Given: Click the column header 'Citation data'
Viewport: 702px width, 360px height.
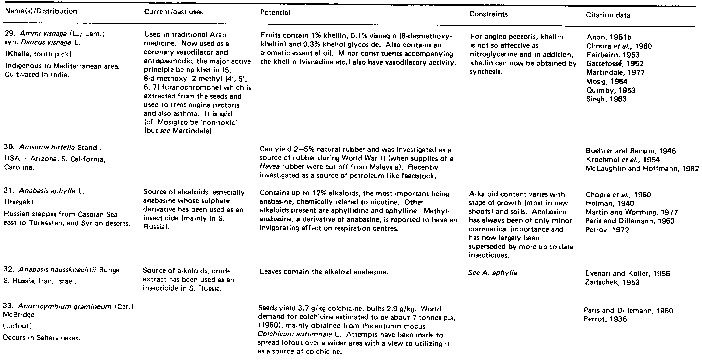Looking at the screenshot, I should pyautogui.click(x=608, y=15).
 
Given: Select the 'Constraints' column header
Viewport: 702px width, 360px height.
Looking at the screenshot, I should pyautogui.click(x=488, y=14).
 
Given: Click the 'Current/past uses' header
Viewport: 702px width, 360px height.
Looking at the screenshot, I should pyautogui.click(x=173, y=11).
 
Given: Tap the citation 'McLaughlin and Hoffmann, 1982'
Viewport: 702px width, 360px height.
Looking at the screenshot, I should pyautogui.click(x=642, y=168).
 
